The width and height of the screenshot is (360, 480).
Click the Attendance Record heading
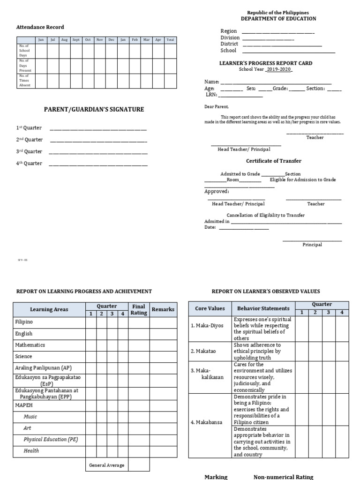(x=40, y=27)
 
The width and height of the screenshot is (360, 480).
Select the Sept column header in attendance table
(x=76, y=40)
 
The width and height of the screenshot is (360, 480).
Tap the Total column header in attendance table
(x=170, y=40)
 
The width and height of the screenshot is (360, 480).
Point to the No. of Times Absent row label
(x=24, y=80)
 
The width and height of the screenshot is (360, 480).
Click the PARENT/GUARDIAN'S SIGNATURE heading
(x=94, y=110)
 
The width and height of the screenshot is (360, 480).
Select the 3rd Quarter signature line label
(x=29, y=151)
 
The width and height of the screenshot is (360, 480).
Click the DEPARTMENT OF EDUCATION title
(x=278, y=19)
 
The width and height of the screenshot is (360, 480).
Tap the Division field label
(x=230, y=37)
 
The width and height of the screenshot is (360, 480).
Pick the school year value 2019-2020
(x=279, y=69)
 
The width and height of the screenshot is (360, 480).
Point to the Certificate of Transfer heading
(x=274, y=161)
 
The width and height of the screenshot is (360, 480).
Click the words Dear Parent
(x=216, y=107)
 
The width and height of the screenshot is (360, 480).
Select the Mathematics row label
(x=30, y=345)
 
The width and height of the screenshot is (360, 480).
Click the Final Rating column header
(x=139, y=309)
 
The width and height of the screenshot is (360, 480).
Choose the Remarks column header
(x=163, y=309)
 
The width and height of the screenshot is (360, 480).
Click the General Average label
(x=106, y=465)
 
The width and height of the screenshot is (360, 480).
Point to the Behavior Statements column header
(x=263, y=308)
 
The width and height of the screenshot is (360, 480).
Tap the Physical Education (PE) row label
(x=51, y=439)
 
